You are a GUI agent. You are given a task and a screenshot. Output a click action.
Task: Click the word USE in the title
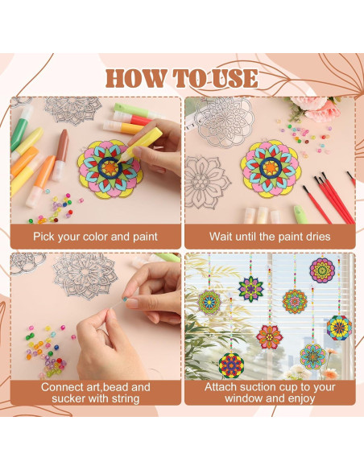click(x=230, y=78)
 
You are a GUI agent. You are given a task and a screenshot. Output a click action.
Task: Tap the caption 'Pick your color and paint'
click(x=95, y=237)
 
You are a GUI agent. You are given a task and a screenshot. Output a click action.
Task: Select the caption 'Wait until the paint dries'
click(x=269, y=237)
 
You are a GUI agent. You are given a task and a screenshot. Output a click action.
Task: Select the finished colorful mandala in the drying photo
click(x=271, y=167)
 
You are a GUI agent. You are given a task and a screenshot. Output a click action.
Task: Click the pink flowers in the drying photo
click(x=316, y=108)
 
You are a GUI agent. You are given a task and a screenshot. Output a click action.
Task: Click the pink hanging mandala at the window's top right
click(x=322, y=270)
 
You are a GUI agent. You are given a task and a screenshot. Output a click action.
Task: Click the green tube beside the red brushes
click(x=298, y=212)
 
